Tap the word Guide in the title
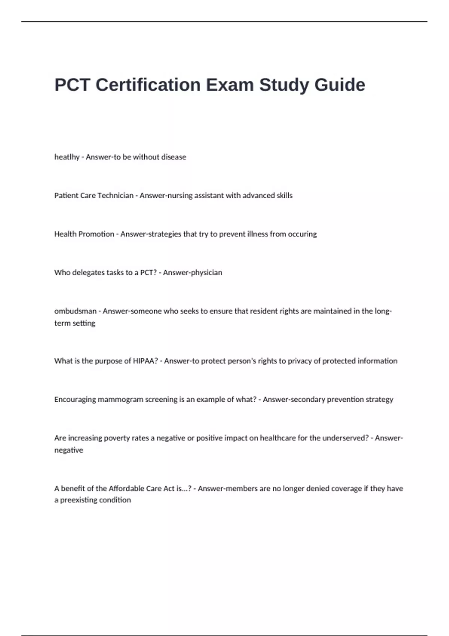(x=340, y=85)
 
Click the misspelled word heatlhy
(x=67, y=157)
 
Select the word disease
(x=174, y=157)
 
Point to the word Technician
(x=114, y=196)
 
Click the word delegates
(x=88, y=273)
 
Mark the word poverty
(x=117, y=438)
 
